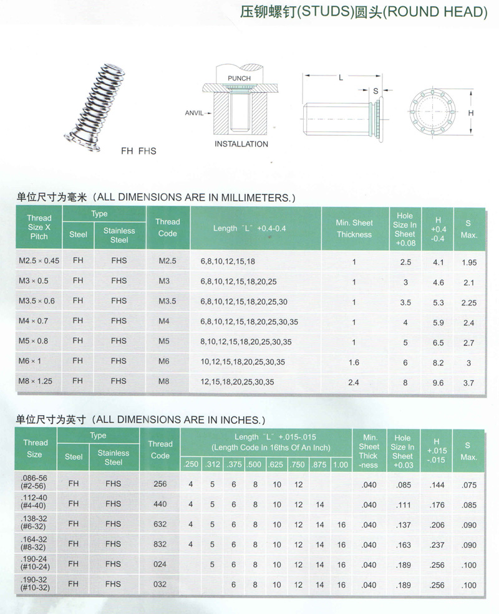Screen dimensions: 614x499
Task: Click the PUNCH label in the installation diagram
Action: tap(238, 78)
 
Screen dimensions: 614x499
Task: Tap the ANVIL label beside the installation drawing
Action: tap(195, 113)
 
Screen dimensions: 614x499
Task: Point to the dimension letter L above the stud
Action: tap(341, 78)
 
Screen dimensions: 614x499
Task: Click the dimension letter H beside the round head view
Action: tap(472, 113)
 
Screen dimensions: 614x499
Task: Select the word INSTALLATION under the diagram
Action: tap(241, 144)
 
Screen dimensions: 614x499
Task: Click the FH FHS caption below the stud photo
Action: tap(138, 151)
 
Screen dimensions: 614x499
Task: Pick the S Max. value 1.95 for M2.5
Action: tap(469, 262)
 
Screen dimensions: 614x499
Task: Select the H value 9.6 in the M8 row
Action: tap(438, 382)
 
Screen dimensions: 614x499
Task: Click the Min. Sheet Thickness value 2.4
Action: tap(354, 382)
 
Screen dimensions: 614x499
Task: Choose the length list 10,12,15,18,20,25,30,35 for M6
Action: tap(243, 362)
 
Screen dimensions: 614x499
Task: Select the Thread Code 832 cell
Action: tap(160, 544)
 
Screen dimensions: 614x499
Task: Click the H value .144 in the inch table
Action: tap(438, 484)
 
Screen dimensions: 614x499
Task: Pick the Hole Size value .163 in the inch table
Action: tap(403, 545)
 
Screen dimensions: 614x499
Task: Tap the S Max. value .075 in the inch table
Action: tap(469, 484)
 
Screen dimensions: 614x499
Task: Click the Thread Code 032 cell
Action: tap(160, 585)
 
